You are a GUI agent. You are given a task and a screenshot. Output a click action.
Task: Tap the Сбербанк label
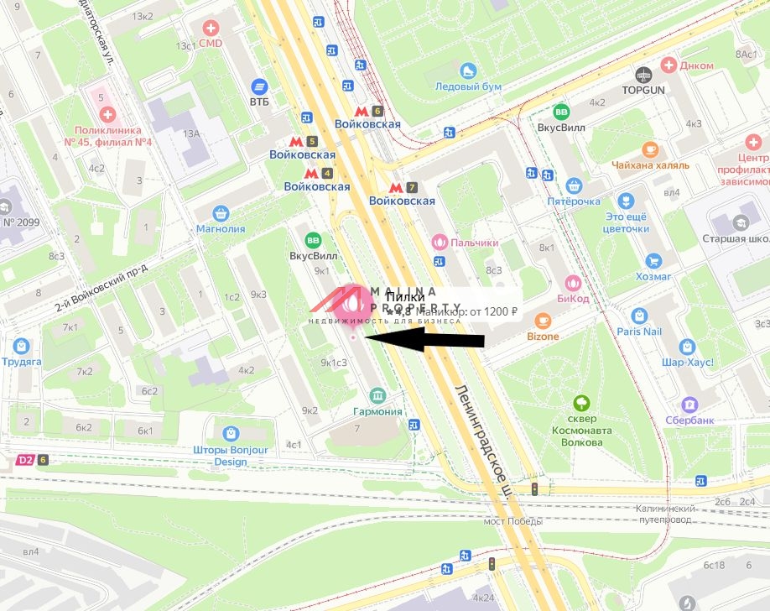click(x=689, y=420)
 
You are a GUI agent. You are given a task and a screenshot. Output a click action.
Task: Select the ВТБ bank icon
click(x=259, y=86)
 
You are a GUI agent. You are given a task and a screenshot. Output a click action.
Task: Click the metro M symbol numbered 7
click(x=396, y=186)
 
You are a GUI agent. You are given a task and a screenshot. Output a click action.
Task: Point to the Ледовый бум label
click(x=468, y=86)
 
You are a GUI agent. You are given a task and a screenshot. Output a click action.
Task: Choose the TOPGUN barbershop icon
click(x=643, y=74)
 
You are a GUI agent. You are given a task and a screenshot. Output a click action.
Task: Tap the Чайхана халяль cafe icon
click(x=650, y=149)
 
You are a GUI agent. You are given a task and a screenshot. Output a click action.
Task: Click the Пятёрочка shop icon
click(x=574, y=185)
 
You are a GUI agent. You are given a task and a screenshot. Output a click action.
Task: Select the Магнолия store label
click(x=221, y=228)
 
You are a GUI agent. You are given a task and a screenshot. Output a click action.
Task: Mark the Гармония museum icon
click(x=377, y=395)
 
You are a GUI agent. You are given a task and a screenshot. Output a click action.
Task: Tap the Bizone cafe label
click(x=543, y=336)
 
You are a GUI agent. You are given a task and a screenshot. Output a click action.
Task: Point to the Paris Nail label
click(x=639, y=332)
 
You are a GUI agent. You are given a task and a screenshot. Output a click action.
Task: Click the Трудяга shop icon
click(x=22, y=346)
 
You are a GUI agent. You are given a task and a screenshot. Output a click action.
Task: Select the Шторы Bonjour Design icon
click(x=231, y=433)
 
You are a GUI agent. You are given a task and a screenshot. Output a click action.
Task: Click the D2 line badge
click(x=26, y=460)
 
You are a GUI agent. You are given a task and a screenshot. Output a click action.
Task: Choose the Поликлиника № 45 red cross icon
click(x=101, y=113)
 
